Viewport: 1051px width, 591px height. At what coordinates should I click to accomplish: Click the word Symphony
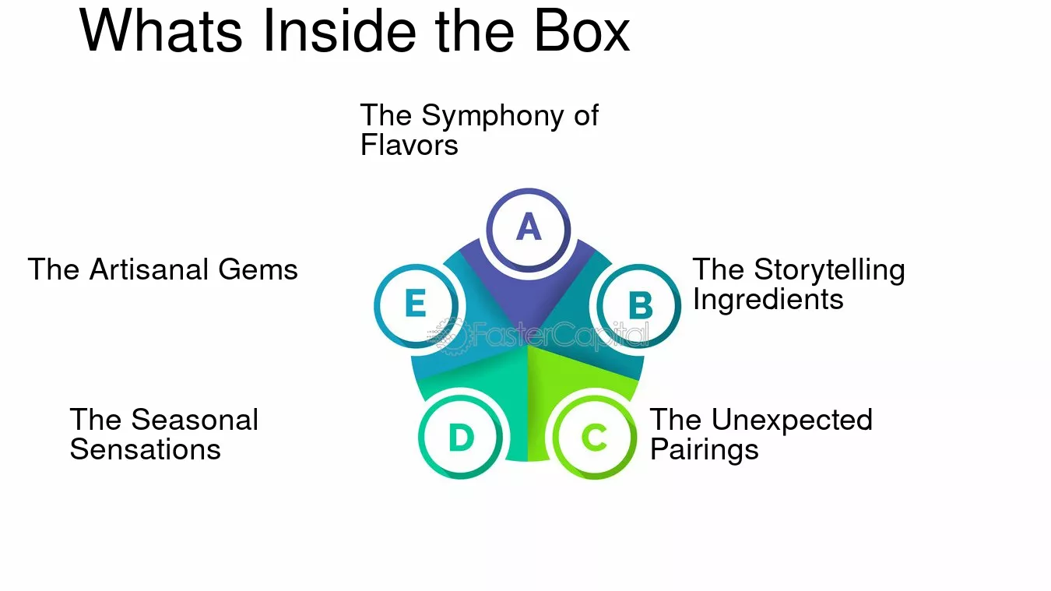pyautogui.click(x=493, y=116)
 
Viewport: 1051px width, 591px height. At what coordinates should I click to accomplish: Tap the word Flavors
pyautogui.click(x=410, y=145)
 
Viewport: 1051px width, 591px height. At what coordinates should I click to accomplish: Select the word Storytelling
pyautogui.click(x=830, y=271)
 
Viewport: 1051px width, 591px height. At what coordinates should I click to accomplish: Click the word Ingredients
pyautogui.click(x=768, y=300)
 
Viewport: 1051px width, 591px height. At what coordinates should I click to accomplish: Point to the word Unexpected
pyautogui.click(x=792, y=420)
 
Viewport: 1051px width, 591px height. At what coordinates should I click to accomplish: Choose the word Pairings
pyautogui.click(x=705, y=450)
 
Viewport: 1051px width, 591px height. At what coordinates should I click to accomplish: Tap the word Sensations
pyautogui.click(x=146, y=449)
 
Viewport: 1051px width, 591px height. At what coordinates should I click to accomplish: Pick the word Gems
pyautogui.click(x=258, y=269)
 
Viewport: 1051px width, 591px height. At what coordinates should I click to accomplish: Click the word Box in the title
pyautogui.click(x=582, y=31)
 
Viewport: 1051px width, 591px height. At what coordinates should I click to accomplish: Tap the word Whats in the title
pyautogui.click(x=161, y=31)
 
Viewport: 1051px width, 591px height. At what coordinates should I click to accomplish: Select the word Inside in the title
pyautogui.click(x=339, y=30)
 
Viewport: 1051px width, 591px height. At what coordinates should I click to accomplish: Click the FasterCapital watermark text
pyautogui.click(x=561, y=335)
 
